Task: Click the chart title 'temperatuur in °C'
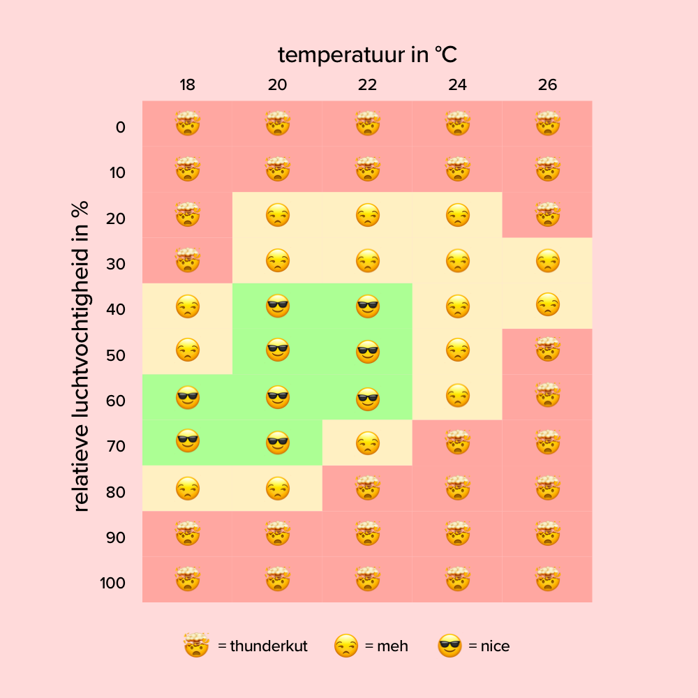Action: [367, 54]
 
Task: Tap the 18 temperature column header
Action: [187, 85]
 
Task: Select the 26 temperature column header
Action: [547, 85]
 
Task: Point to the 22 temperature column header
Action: [367, 85]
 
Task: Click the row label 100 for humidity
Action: [112, 583]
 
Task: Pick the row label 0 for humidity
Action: [121, 127]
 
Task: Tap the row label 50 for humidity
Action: [116, 355]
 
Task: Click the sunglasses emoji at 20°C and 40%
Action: [277, 306]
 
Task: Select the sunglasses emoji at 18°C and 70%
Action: [187, 443]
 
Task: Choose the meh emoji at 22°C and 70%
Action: [367, 443]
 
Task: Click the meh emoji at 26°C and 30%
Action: [547, 261]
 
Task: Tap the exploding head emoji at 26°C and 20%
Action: [547, 214]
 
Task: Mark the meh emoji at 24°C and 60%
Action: [457, 397]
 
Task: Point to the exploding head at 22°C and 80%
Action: [367, 487]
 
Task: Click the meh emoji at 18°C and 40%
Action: [187, 306]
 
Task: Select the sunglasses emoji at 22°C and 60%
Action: [367, 398]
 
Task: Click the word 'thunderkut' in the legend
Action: [268, 646]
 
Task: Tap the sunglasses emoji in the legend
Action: [450, 646]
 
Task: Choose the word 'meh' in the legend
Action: [392, 646]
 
